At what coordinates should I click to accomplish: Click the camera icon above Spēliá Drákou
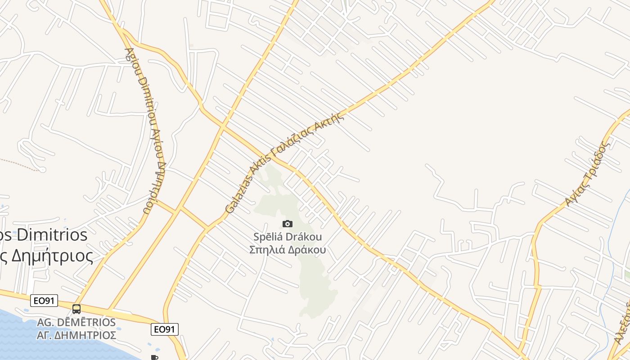288,224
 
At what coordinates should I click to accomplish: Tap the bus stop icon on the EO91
76,309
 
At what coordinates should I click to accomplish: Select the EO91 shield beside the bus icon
44,301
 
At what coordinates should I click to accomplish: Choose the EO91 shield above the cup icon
164,329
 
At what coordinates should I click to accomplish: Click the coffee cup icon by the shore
154,357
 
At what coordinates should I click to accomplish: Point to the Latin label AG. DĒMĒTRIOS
76,323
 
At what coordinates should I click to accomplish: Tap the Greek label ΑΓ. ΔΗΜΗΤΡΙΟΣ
76,335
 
